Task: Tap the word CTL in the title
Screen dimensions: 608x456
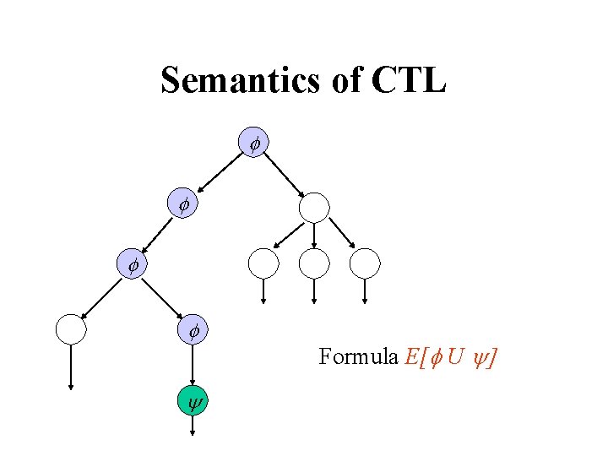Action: tap(409, 81)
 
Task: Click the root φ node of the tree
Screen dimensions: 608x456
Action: tap(254, 144)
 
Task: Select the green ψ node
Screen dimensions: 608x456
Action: tap(193, 401)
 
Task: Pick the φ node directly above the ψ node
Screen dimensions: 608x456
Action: tap(193, 331)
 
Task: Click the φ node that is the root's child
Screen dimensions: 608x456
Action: tap(182, 204)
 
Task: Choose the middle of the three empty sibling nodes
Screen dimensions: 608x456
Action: tap(314, 263)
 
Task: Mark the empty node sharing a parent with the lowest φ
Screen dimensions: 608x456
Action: tap(71, 329)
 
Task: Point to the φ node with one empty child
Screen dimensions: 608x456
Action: tap(132, 264)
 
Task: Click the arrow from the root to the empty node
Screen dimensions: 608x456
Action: tap(285, 176)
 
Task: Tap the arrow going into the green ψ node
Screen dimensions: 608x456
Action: tap(193, 365)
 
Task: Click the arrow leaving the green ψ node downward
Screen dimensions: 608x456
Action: tap(193, 425)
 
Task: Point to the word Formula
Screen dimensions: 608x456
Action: tap(359, 357)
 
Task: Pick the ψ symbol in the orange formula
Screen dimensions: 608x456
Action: tap(480, 358)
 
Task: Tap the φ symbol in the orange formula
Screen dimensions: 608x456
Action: tap(435, 357)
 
